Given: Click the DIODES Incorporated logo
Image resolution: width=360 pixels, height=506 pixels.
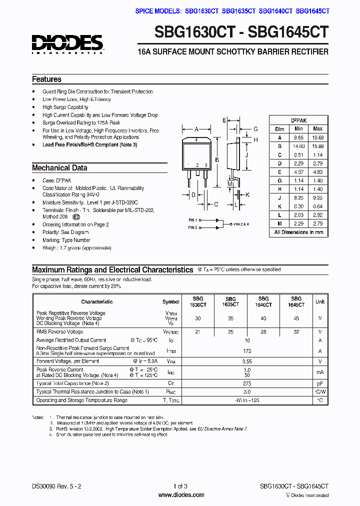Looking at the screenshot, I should (x=67, y=44).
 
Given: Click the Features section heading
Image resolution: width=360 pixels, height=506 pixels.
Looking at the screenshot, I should (x=46, y=79).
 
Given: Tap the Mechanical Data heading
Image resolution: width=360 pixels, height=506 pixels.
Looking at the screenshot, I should (x=59, y=168).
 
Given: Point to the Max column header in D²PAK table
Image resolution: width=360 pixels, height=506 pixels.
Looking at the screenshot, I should (x=317, y=128).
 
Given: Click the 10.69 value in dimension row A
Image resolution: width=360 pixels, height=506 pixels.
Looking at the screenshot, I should (x=317, y=137).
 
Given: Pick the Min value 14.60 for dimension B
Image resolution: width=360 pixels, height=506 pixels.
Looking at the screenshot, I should (x=298, y=146).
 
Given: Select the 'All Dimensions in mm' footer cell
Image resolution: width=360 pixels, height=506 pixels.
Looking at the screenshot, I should (x=298, y=232).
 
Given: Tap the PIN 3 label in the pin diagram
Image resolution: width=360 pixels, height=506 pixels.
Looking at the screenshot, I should (x=192, y=228).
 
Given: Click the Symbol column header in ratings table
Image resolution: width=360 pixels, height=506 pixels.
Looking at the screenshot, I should (x=171, y=302).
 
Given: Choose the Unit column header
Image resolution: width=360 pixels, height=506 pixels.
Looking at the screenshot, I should (x=319, y=302).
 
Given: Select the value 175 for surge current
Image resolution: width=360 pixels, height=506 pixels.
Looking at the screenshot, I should (x=247, y=351).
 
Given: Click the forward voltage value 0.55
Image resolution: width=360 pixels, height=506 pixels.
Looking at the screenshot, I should (x=247, y=361).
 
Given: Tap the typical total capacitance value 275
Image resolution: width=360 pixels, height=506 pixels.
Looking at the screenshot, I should (x=247, y=383).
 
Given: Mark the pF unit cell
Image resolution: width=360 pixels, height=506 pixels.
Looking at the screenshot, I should (x=319, y=383).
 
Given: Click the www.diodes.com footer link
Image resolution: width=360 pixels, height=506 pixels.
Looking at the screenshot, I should (x=180, y=495).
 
